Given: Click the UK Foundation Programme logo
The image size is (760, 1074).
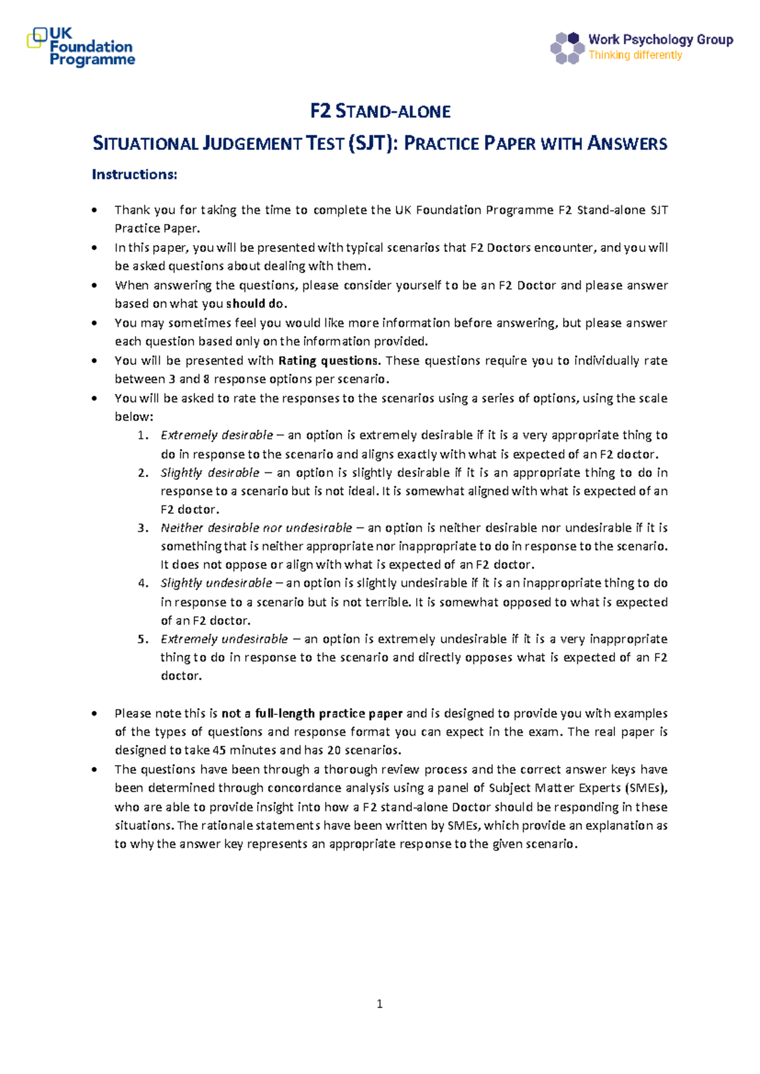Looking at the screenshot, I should pyautogui.click(x=80, y=47).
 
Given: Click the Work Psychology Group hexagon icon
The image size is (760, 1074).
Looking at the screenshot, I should pyautogui.click(x=566, y=48).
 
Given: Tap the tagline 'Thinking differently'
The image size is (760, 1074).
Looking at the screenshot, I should pyautogui.click(x=635, y=56).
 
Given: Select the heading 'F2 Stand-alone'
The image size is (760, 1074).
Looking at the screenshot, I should pyautogui.click(x=380, y=112).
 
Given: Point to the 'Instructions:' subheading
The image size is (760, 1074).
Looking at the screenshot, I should pyautogui.click(x=134, y=175).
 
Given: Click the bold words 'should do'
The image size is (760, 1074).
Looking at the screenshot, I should pyautogui.click(x=255, y=304).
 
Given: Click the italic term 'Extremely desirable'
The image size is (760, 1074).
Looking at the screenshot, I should pyautogui.click(x=217, y=436).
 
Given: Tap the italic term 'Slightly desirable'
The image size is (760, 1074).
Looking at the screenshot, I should pyautogui.click(x=210, y=473).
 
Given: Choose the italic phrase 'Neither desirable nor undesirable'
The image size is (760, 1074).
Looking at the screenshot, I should pyautogui.click(x=256, y=528).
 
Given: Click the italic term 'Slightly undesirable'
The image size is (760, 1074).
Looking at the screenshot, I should pyautogui.click(x=216, y=583).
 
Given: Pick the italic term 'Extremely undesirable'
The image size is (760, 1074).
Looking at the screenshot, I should pyautogui.click(x=224, y=639).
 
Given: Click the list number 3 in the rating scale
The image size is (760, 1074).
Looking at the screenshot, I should pyautogui.click(x=142, y=528).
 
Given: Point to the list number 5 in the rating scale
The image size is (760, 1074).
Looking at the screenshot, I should pyautogui.click(x=142, y=639).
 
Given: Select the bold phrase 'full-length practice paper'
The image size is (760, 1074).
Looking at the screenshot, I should pyautogui.click(x=329, y=714).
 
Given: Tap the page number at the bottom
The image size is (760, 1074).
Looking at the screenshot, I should pyautogui.click(x=379, y=1004).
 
